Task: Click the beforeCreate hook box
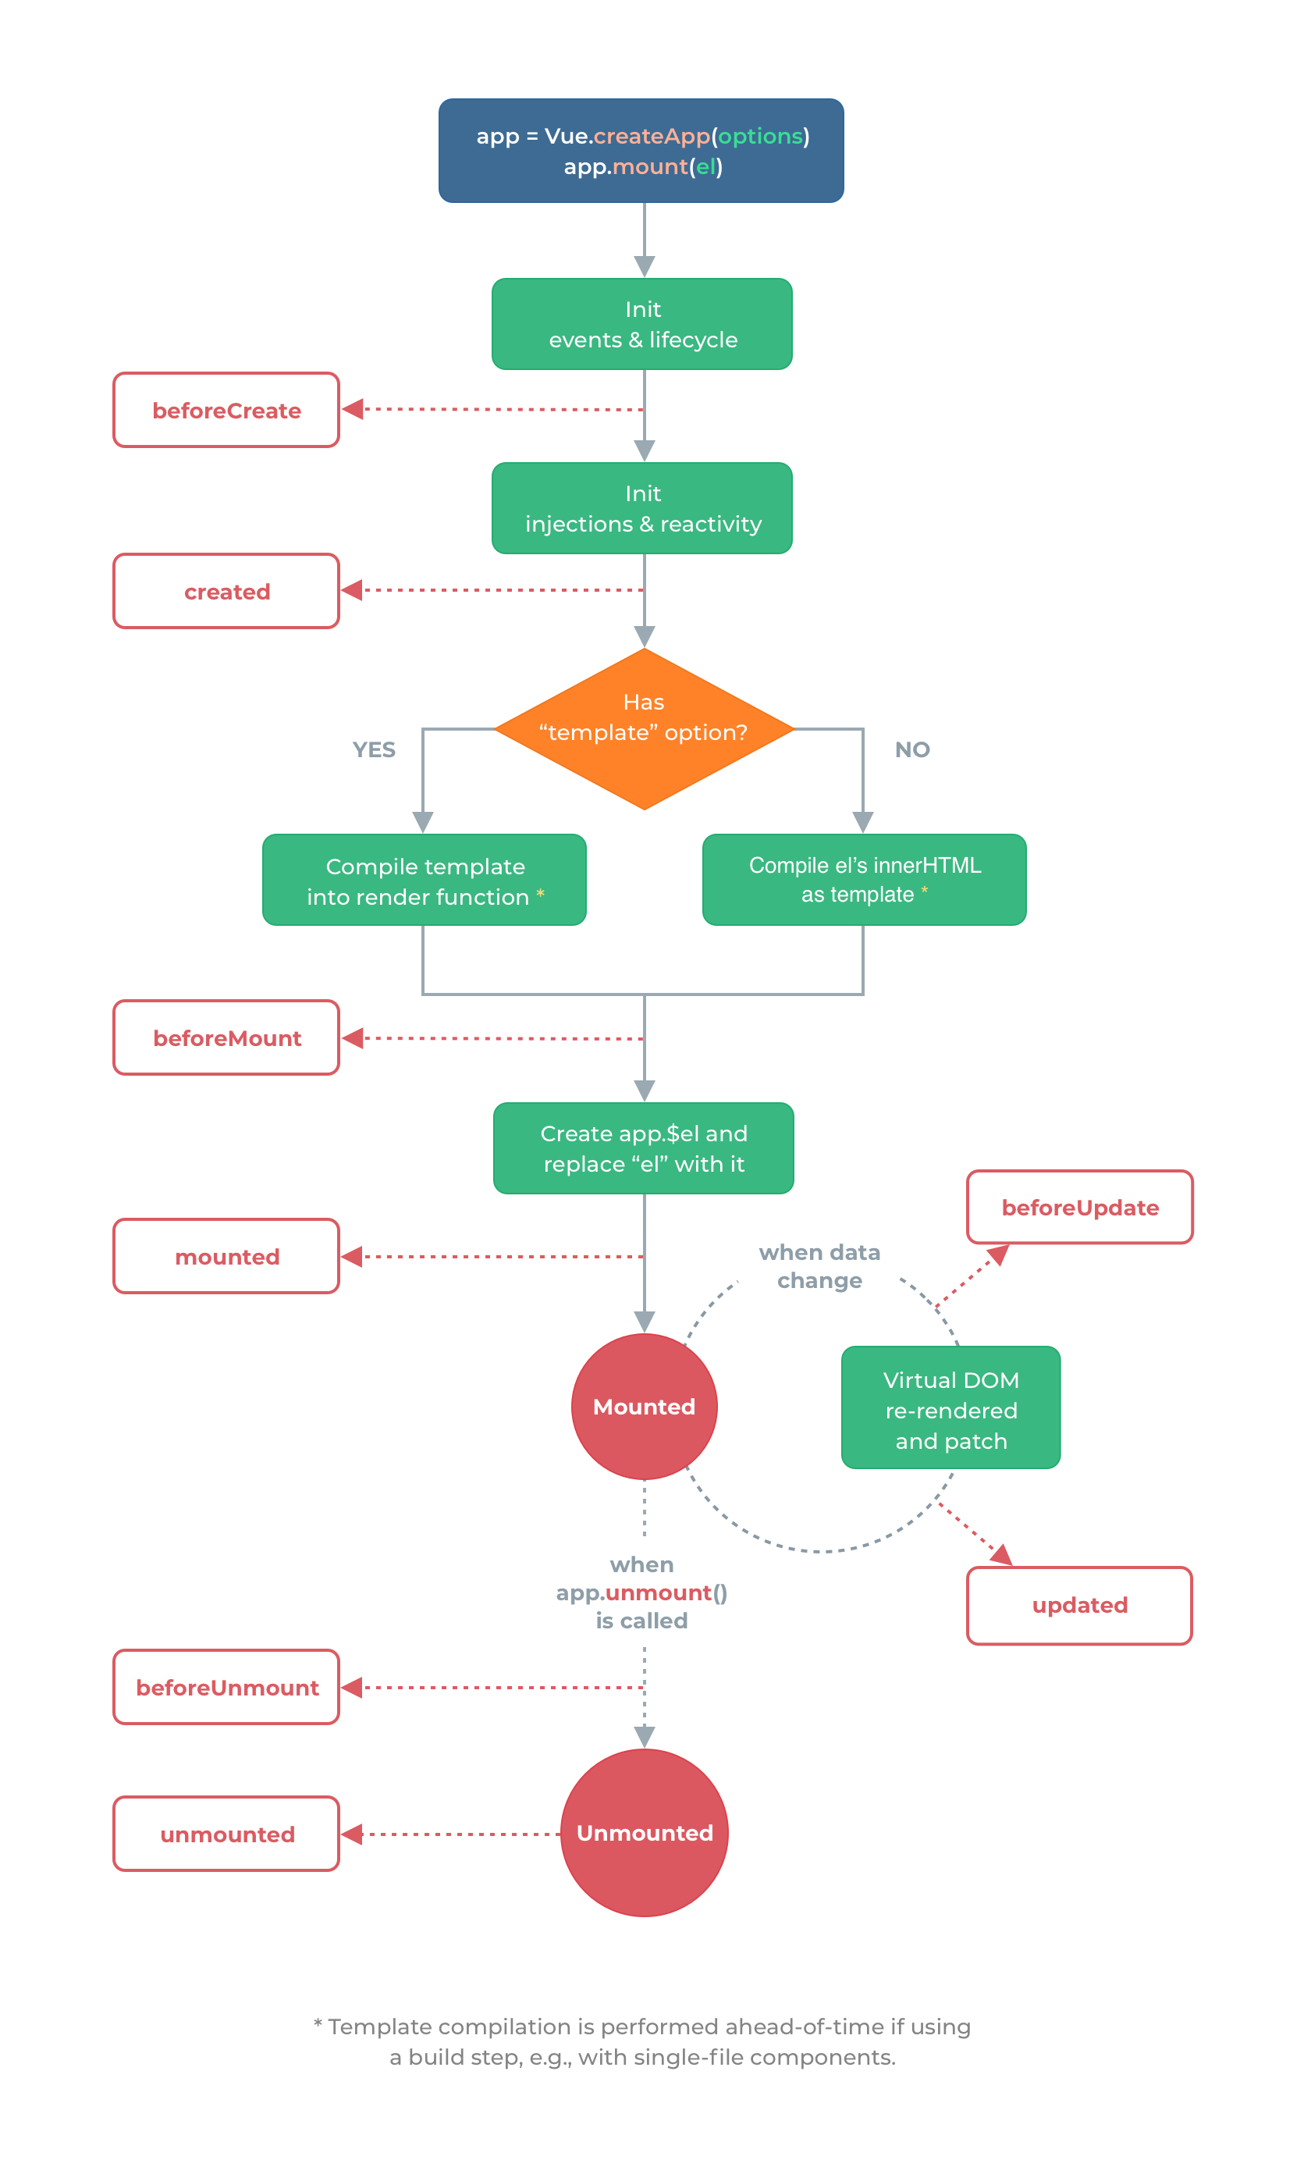point(226,410)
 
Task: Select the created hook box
point(226,591)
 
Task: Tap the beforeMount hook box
point(226,1037)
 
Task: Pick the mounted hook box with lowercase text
point(226,1256)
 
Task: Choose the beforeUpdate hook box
point(1080,1207)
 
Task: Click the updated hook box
point(1080,1605)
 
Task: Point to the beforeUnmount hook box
point(226,1687)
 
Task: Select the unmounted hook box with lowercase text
point(226,1834)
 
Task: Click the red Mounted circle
point(645,1406)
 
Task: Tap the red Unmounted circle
point(645,1833)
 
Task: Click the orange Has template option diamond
point(645,728)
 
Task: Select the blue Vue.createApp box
point(641,151)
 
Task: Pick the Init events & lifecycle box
point(642,324)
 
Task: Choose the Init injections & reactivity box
point(642,507)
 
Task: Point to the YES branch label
point(374,749)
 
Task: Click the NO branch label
point(911,749)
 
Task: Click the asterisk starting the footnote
point(318,2024)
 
